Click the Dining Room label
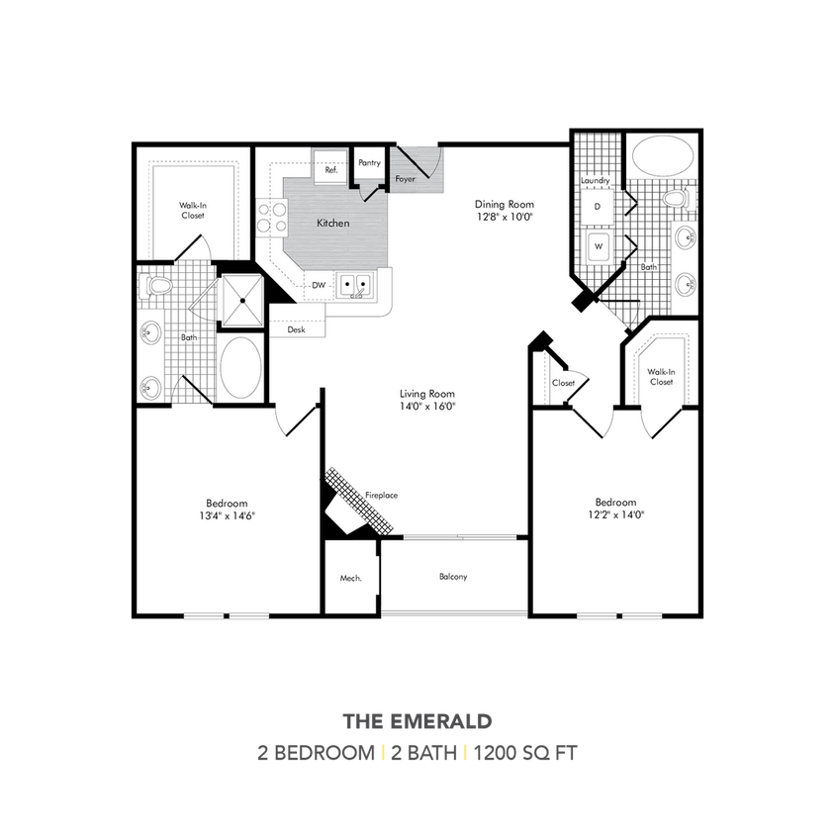504,204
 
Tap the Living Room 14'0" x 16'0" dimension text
426,407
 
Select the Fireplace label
381,495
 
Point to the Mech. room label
350,578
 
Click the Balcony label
453,577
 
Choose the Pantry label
370,163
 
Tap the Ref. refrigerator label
331,170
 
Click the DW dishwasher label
319,285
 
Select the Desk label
296,329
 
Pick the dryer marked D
598,207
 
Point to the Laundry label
595,181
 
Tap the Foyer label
406,179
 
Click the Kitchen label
332,224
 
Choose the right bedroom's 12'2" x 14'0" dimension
615,514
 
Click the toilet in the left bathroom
157,287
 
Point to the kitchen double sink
355,285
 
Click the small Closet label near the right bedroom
564,382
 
